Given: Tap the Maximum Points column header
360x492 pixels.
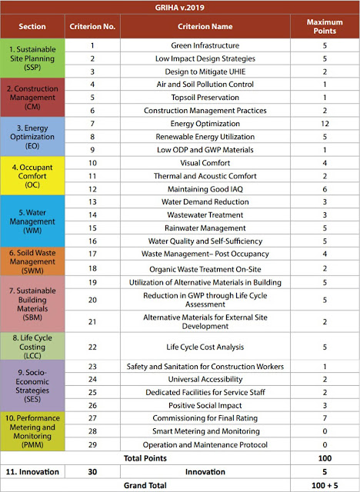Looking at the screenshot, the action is tap(325, 26).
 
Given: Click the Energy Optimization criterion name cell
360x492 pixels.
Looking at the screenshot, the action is tap(205, 124).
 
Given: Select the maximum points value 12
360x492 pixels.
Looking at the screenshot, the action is tap(325, 124).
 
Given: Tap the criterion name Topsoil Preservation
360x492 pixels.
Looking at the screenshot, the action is tap(205, 97).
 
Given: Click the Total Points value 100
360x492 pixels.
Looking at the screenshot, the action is tap(325, 459).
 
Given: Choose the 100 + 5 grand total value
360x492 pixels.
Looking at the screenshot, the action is tap(325, 485).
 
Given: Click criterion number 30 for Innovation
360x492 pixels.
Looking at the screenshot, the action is tap(92, 472).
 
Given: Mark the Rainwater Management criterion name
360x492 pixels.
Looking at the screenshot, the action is tap(205, 228).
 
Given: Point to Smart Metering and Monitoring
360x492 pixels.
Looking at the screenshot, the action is tap(205, 432).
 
